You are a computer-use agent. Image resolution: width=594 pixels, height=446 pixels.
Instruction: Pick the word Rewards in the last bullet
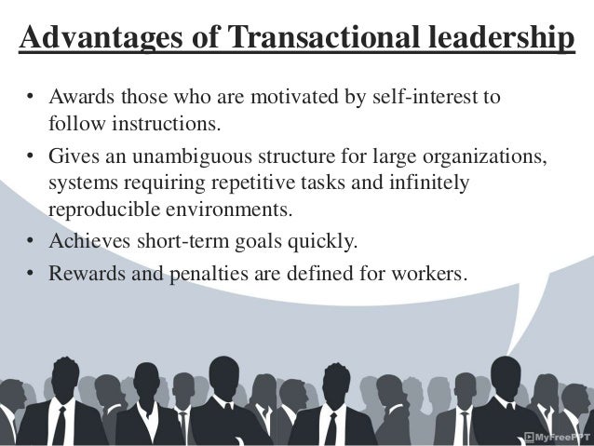click(x=82, y=276)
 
